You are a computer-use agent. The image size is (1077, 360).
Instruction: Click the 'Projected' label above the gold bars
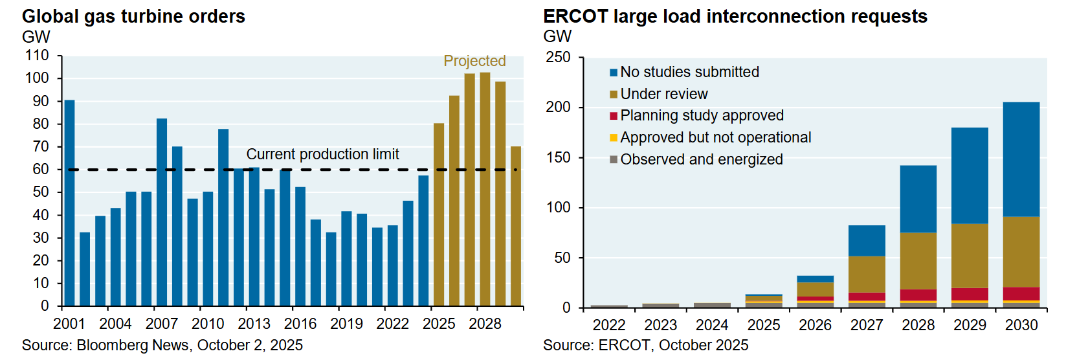tap(474, 61)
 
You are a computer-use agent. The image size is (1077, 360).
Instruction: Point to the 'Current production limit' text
tap(322, 154)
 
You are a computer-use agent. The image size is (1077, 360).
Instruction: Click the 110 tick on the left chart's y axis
tap(37, 56)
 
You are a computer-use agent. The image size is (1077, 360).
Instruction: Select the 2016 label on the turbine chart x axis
tap(300, 324)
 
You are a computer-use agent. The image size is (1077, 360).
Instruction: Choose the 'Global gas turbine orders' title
tap(133, 16)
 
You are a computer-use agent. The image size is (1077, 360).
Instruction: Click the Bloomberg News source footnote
tap(162, 345)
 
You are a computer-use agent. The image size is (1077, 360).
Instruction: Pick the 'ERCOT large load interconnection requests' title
tap(735, 16)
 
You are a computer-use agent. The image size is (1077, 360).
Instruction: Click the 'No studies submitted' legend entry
tap(689, 72)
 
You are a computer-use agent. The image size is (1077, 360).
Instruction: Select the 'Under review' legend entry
tap(663, 94)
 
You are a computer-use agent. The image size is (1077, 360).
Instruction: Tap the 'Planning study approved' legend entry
tap(702, 115)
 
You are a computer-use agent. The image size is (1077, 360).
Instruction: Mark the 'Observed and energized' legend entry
tap(701, 159)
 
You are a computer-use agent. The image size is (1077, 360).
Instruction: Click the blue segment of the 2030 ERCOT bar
tap(1021, 159)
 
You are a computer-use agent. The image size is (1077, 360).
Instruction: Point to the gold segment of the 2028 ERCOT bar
tap(918, 260)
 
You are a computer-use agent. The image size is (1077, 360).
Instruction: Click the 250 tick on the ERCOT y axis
tap(558, 57)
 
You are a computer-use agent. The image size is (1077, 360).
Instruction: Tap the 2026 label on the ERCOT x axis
tap(815, 325)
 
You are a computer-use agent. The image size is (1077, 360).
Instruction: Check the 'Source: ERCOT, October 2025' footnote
tap(645, 345)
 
